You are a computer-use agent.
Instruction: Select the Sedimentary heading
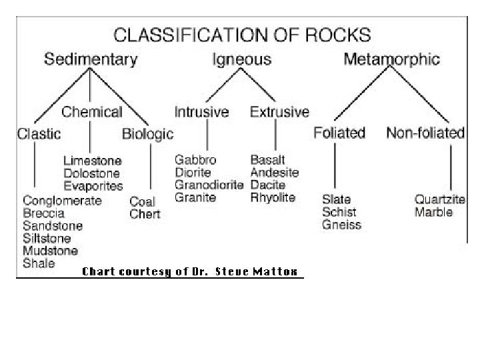tap(91, 59)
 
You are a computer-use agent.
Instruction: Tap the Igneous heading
tap(241, 60)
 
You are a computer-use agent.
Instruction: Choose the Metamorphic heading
tap(391, 59)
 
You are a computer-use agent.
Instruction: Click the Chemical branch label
tap(92, 111)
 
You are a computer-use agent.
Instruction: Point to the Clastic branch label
tap(38, 134)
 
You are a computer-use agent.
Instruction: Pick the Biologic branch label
tap(147, 134)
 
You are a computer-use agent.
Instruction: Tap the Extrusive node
tap(279, 111)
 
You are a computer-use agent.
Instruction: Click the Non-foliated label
tap(425, 133)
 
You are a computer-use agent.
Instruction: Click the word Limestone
tap(93, 161)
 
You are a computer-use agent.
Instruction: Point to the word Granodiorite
tap(209, 185)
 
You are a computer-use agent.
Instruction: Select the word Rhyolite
tap(273, 197)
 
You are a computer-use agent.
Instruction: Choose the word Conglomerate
tap(63, 201)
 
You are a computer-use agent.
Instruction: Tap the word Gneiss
tap(341, 225)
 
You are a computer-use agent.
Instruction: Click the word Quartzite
tap(439, 199)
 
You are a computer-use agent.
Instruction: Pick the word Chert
tap(145, 214)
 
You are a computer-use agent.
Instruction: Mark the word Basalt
tap(268, 160)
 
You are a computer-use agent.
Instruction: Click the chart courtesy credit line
tap(191, 271)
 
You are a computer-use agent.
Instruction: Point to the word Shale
tap(39, 263)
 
